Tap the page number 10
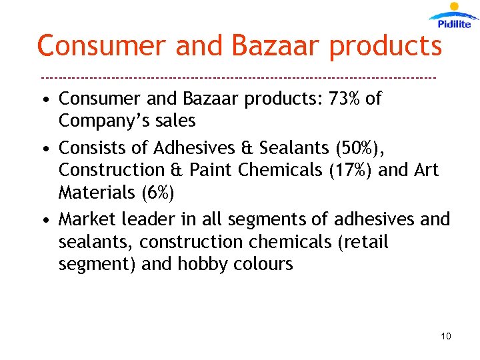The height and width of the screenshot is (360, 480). pos(446,336)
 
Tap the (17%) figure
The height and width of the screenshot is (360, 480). pos(351,170)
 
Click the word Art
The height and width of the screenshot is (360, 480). pos(426,170)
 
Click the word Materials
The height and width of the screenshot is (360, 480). pos(96,193)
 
